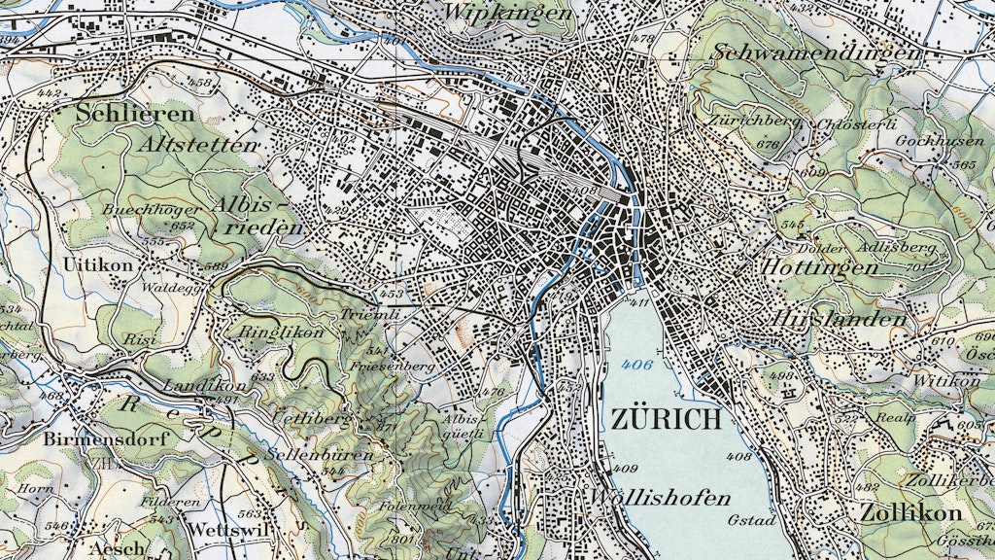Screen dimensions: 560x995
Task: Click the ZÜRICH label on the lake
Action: tap(667, 420)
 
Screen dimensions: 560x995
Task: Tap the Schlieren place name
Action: tap(135, 113)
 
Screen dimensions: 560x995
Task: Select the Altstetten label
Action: tap(200, 145)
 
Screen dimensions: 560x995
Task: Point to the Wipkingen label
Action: tap(507, 13)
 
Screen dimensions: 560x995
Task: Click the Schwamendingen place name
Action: tap(815, 52)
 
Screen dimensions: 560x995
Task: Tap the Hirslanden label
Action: tap(841, 319)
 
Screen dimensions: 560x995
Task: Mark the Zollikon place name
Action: tap(909, 512)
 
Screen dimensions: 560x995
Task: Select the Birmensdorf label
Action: tap(106, 438)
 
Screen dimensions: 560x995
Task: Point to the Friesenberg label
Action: tap(398, 367)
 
